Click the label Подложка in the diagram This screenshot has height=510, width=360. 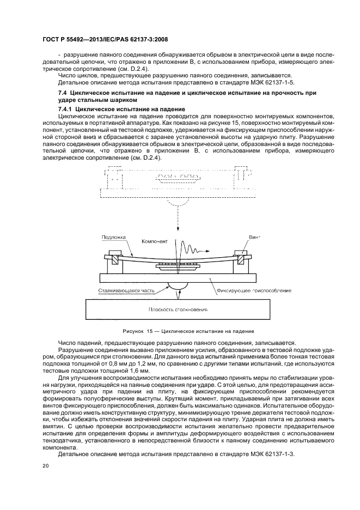113,238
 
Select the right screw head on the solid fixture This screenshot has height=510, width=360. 241,253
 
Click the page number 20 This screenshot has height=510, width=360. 46,466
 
